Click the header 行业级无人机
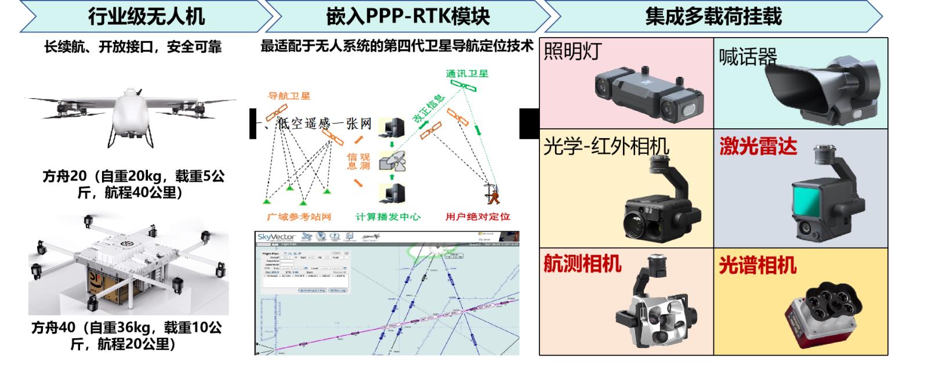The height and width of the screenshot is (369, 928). [146, 16]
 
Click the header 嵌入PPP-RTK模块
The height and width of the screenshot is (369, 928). [408, 16]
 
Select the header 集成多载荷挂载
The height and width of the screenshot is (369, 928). [713, 16]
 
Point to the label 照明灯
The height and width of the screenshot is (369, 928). [572, 52]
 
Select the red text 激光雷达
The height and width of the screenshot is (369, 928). [758, 146]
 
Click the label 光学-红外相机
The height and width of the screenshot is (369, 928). [606, 146]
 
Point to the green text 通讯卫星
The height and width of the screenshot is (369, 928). [467, 74]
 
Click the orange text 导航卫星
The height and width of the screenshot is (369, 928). [289, 96]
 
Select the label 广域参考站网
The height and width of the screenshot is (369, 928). [299, 217]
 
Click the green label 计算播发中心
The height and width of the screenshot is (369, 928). [388, 217]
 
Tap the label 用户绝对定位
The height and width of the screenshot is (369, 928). [477, 217]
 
